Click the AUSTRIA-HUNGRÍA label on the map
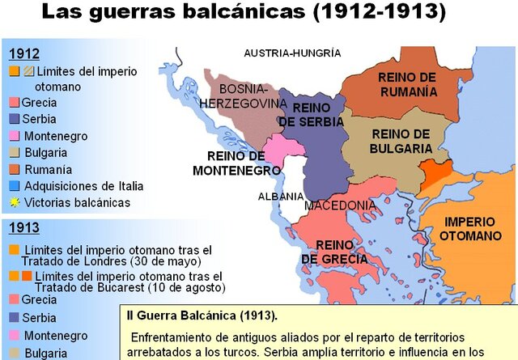292,53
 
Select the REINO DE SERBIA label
312,114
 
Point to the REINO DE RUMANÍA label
407,84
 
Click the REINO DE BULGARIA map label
401,142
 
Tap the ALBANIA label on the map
281,197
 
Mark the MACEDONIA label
340,205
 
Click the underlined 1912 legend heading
23,54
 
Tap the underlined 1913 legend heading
23,228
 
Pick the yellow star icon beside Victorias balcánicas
14,202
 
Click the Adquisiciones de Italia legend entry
83,186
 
